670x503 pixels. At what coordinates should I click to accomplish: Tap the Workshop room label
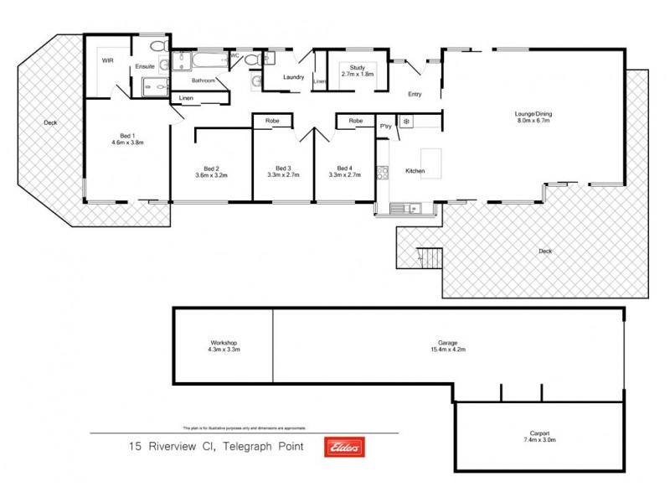coord(224,345)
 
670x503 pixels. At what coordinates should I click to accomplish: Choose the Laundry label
coord(293,78)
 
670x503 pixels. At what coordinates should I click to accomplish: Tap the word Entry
coord(415,94)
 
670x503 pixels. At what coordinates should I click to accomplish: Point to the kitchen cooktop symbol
coord(383,174)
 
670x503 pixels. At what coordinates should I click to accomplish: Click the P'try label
coord(386,124)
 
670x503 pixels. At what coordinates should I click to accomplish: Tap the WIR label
coord(107,61)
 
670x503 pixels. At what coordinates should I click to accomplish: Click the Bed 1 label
coord(127,139)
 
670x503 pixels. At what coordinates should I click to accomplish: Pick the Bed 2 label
coord(211,171)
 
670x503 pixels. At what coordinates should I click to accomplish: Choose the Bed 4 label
coord(343,171)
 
